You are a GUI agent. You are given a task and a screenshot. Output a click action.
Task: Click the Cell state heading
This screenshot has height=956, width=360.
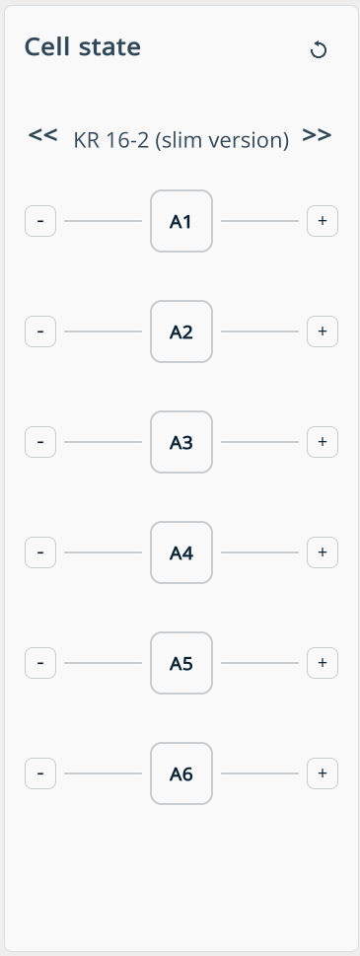(x=83, y=47)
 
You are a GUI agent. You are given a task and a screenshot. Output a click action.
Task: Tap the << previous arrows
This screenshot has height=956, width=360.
(x=43, y=135)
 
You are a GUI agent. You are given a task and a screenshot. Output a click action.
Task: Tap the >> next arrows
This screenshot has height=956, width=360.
(x=317, y=135)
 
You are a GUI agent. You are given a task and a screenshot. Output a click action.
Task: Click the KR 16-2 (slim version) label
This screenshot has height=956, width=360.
(x=180, y=140)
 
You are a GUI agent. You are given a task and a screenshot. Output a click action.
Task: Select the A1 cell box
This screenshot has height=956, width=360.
(x=181, y=221)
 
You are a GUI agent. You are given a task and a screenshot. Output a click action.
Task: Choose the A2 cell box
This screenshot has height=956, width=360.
(x=181, y=331)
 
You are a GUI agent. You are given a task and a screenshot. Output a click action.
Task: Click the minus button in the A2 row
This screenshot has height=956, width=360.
(x=40, y=331)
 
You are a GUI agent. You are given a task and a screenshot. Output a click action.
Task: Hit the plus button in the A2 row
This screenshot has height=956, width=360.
(x=323, y=331)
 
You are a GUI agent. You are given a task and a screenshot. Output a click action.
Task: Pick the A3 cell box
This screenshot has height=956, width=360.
(x=181, y=442)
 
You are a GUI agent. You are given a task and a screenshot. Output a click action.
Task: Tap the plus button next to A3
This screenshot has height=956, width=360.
(x=323, y=442)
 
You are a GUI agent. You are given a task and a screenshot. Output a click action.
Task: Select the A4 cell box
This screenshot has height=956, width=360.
(x=181, y=552)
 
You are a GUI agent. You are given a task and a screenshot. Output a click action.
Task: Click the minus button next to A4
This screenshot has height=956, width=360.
(x=40, y=552)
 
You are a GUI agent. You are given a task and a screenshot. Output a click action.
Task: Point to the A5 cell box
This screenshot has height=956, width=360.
(x=181, y=663)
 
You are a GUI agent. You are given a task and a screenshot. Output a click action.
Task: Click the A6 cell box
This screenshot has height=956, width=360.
(x=181, y=773)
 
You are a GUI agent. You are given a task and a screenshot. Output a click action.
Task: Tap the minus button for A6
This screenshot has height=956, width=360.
(x=40, y=773)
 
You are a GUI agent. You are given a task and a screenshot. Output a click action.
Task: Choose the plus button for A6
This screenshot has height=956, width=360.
(x=323, y=773)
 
